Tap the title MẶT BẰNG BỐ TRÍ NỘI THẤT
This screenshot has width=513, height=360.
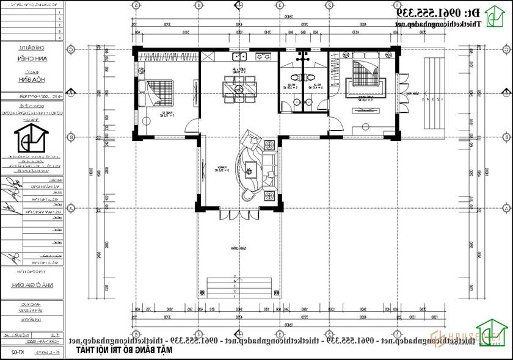pos(126,350)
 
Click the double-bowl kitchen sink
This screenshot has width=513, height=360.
pos(239,57)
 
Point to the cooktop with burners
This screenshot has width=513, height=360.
pos(263,57)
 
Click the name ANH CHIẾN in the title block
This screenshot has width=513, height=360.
pos(30,59)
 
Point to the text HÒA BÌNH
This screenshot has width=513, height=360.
pos(30,79)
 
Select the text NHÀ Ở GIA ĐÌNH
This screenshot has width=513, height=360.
pos(31,285)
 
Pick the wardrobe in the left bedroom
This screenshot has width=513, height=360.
pos(168,57)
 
